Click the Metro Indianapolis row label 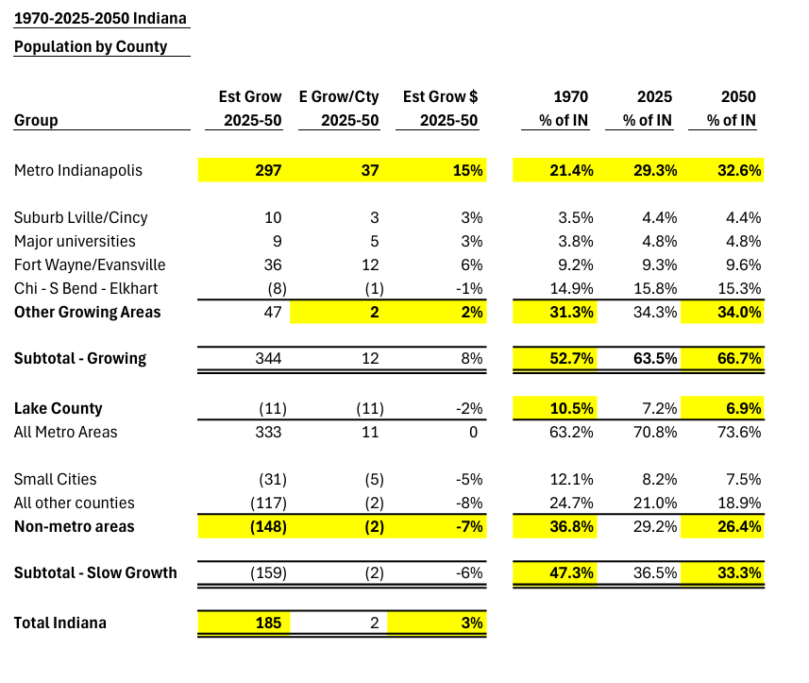78,170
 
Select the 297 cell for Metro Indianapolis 268,170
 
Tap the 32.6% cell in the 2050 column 739,170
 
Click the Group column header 36,120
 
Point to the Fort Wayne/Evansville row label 90,265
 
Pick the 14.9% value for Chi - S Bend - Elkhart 572,288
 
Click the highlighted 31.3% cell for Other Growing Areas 572,312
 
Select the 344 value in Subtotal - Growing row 268,358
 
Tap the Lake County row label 59,408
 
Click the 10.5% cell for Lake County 572,408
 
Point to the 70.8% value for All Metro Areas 655,432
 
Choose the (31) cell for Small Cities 273,479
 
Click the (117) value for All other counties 268,503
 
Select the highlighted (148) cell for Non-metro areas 268,526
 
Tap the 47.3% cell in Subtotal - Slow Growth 572,573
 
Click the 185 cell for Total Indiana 268,623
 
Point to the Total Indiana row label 60,623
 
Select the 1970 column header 570,96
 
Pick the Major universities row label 75,241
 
